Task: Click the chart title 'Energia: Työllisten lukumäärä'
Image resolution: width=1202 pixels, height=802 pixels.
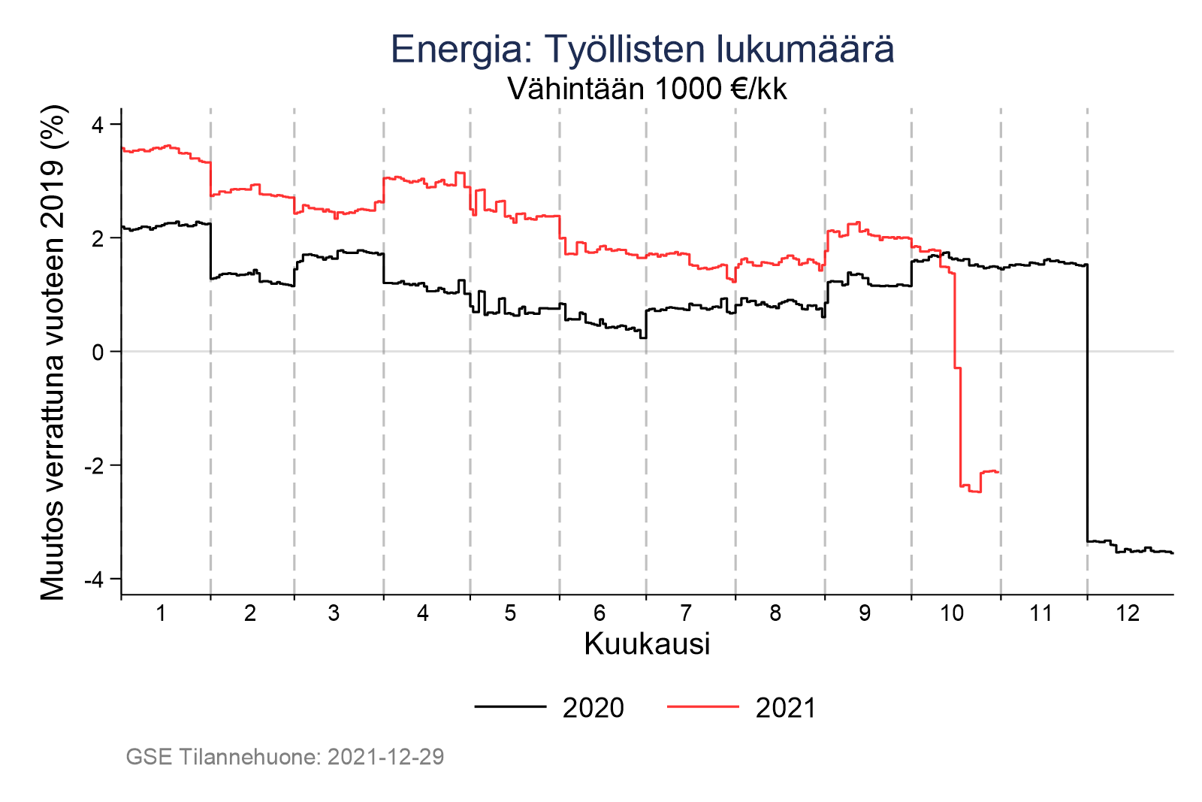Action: coord(642,50)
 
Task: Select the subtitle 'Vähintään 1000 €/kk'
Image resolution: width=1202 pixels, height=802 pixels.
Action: coord(647,89)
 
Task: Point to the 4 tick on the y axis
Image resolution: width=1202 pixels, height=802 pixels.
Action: coord(98,124)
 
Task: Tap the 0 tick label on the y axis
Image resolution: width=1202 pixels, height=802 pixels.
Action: coord(98,352)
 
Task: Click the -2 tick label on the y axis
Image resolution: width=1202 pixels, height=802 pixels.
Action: coord(94,466)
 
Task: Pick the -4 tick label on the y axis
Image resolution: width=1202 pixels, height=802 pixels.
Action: coord(94,580)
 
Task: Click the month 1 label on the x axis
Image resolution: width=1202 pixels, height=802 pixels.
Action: coord(161,614)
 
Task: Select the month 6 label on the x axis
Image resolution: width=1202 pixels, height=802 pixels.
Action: coord(599,614)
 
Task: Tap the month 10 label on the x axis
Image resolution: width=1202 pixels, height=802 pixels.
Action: coord(952,614)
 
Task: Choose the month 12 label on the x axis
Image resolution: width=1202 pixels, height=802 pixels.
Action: coord(1128,614)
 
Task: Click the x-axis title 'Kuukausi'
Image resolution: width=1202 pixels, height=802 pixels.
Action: coord(647,645)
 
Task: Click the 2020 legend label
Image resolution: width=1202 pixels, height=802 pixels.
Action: coord(593,708)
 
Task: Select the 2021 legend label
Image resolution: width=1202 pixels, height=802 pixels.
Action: coord(785,708)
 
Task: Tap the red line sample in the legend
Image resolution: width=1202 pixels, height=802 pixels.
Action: coord(702,707)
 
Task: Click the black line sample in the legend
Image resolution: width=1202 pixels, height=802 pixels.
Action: coord(510,707)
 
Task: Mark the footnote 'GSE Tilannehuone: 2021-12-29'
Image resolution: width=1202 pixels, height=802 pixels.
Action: coord(285,757)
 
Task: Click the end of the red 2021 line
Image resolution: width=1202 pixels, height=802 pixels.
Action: coord(998,472)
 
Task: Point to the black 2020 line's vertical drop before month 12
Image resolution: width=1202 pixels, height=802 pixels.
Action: coord(1087,406)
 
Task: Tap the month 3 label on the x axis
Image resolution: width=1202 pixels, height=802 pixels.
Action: coord(334,614)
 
